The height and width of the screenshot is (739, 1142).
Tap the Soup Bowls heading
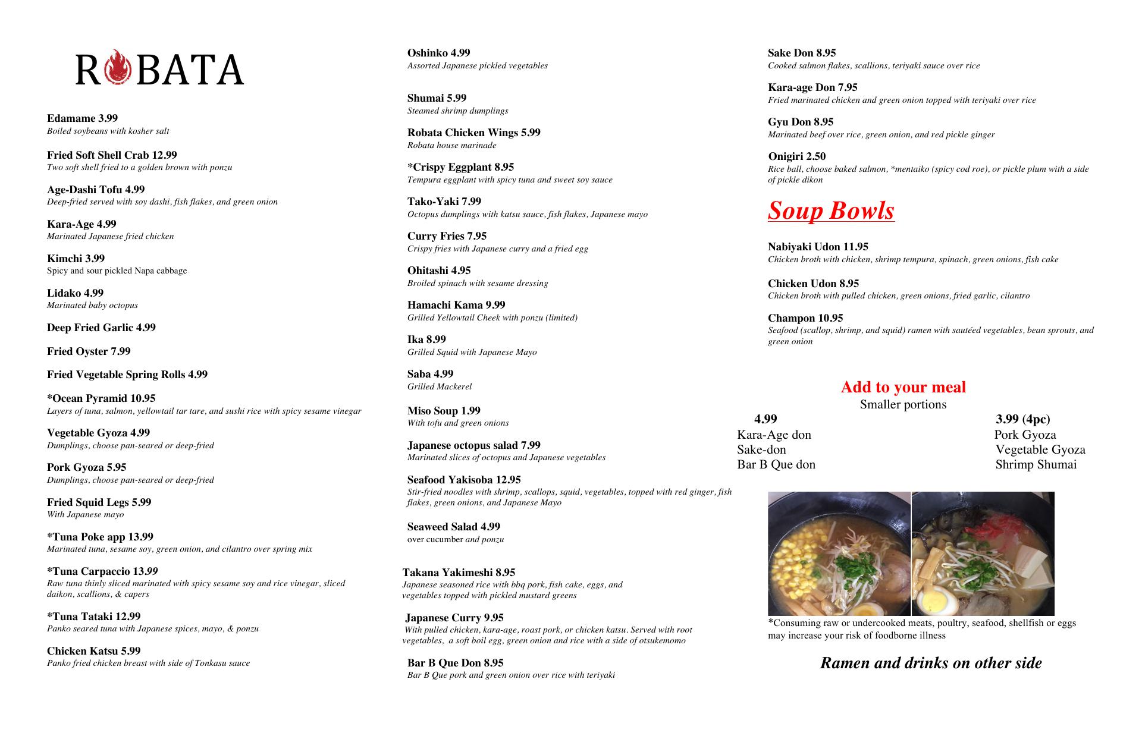[831, 210]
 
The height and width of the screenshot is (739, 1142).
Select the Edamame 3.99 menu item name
[82, 118]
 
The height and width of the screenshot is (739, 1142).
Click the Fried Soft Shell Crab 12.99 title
[112, 155]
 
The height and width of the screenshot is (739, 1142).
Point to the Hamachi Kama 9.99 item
[456, 305]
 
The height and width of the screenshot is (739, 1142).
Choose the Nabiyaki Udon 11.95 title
[818, 247]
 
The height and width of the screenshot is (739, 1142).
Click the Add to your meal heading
[903, 387]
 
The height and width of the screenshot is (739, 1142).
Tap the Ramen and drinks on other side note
[931, 663]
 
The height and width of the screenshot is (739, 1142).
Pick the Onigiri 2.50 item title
[796, 156]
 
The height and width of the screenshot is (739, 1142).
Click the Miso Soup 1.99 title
[444, 411]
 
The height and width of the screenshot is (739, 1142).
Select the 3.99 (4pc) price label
[1022, 419]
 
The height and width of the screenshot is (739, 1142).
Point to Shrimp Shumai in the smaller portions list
[1036, 464]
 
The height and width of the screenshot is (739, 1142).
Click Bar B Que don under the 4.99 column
[776, 464]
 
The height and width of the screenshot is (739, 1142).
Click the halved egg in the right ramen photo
[936, 600]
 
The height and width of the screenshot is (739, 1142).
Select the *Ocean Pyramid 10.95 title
[101, 398]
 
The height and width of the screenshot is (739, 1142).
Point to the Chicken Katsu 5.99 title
[94, 651]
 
